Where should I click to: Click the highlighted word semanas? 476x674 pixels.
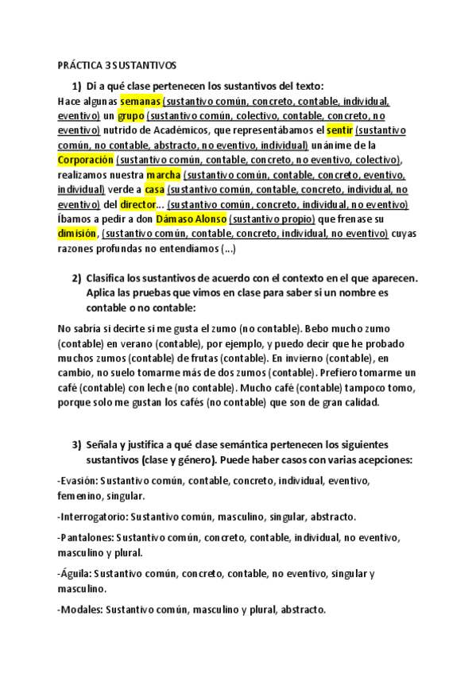point(141,101)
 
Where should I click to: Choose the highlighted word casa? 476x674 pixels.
point(154,189)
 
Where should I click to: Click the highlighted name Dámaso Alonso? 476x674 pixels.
point(190,219)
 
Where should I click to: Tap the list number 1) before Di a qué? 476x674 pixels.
point(77,86)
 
